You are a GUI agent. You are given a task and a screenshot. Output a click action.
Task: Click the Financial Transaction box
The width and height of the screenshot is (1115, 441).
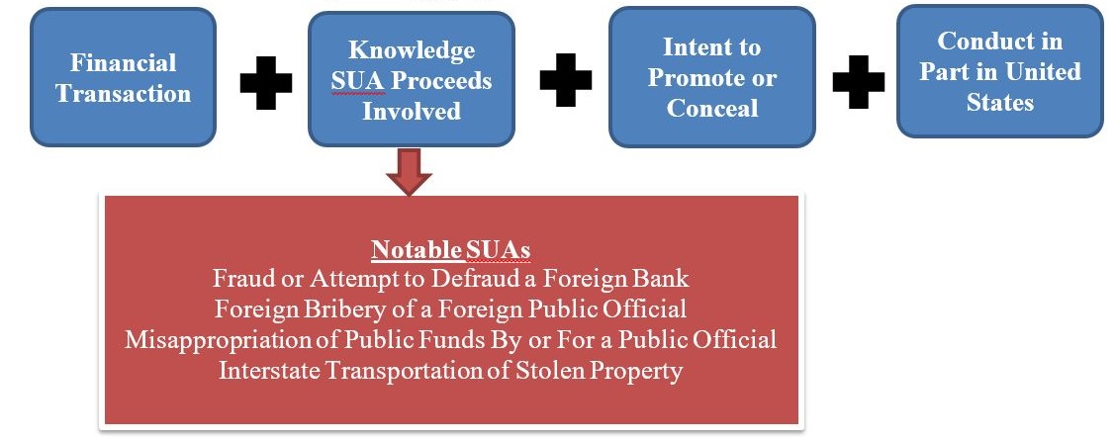coord(123,77)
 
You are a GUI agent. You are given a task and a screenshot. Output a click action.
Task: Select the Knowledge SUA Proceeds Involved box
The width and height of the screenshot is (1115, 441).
coord(411,79)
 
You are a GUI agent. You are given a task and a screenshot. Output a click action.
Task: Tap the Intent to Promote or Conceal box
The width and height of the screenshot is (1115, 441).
coord(711,77)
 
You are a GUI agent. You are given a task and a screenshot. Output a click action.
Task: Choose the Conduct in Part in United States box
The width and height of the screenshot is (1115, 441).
coord(1000,71)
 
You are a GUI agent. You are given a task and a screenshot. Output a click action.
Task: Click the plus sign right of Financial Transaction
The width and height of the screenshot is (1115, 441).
coord(266,82)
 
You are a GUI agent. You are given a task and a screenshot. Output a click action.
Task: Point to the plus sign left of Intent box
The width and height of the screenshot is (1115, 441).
coord(566,79)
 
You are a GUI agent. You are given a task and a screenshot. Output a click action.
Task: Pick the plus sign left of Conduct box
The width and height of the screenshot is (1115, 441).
coord(859,82)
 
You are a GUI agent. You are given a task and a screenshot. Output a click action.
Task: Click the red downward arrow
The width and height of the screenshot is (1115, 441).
coord(409,171)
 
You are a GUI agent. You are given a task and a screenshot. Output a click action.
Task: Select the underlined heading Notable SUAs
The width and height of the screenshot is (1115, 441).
coord(451,250)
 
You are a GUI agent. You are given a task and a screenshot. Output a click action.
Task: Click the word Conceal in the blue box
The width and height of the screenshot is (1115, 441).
coord(712,108)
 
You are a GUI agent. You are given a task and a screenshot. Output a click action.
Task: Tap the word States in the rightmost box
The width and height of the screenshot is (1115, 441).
coord(1000,102)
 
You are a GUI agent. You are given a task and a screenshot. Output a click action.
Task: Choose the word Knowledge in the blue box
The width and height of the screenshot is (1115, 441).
coord(411,49)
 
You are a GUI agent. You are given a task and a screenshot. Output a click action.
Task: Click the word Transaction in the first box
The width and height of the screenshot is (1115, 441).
coord(123,93)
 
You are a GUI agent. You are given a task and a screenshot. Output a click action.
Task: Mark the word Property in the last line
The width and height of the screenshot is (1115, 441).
coord(641,371)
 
